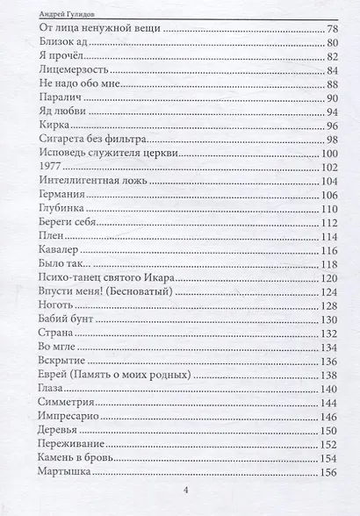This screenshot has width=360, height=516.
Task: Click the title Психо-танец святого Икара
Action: point(109,277)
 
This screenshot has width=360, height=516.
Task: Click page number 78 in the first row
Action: point(332,30)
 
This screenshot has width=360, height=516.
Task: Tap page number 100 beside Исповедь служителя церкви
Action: point(328,154)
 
